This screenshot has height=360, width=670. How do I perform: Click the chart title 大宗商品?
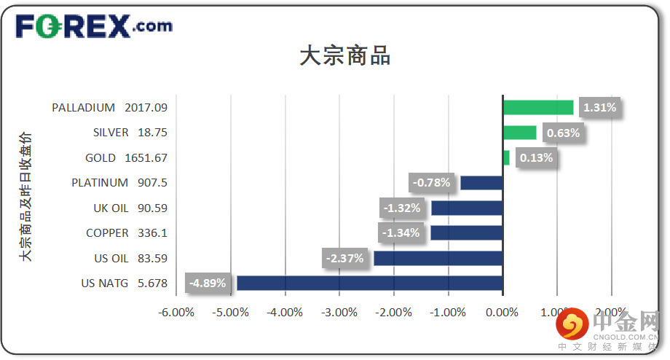click(344, 57)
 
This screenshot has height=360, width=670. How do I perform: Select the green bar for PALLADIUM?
click(538, 108)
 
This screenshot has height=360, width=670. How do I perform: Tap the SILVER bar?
click(519, 133)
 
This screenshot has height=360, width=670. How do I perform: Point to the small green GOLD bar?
click(506, 157)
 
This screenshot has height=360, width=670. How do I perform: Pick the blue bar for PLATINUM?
click(481, 183)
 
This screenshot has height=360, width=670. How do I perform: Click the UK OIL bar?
click(467, 208)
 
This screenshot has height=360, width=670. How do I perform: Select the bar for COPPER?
click(467, 233)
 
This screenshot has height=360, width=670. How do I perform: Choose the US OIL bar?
click(438, 258)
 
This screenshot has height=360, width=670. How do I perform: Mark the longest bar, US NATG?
click(370, 283)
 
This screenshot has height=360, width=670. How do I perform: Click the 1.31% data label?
click(599, 108)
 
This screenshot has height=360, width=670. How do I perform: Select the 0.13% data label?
click(536, 157)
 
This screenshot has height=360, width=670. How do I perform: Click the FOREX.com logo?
click(94, 27)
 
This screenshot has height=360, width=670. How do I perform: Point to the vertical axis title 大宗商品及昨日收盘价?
click(26, 197)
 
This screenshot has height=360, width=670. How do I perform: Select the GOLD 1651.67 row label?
click(126, 157)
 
